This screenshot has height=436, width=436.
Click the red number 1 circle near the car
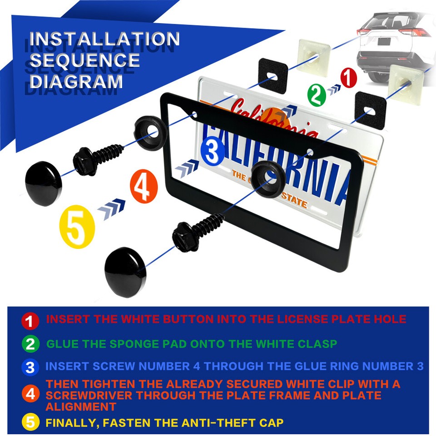point(348,78)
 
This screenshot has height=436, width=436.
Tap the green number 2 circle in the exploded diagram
point(317,95)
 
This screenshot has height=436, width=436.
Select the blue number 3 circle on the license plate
point(212,152)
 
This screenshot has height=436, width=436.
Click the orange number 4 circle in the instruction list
point(30,394)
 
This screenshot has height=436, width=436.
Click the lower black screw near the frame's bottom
point(196,233)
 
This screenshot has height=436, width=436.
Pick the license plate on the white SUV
point(384,41)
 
